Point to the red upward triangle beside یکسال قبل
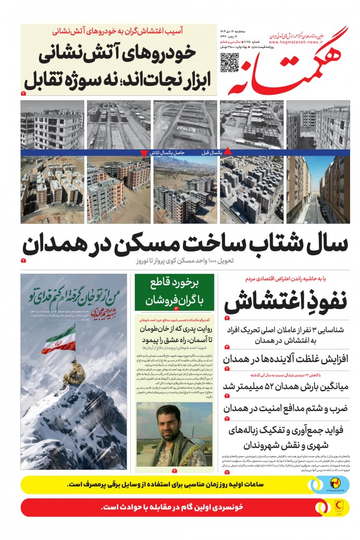[227, 152]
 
